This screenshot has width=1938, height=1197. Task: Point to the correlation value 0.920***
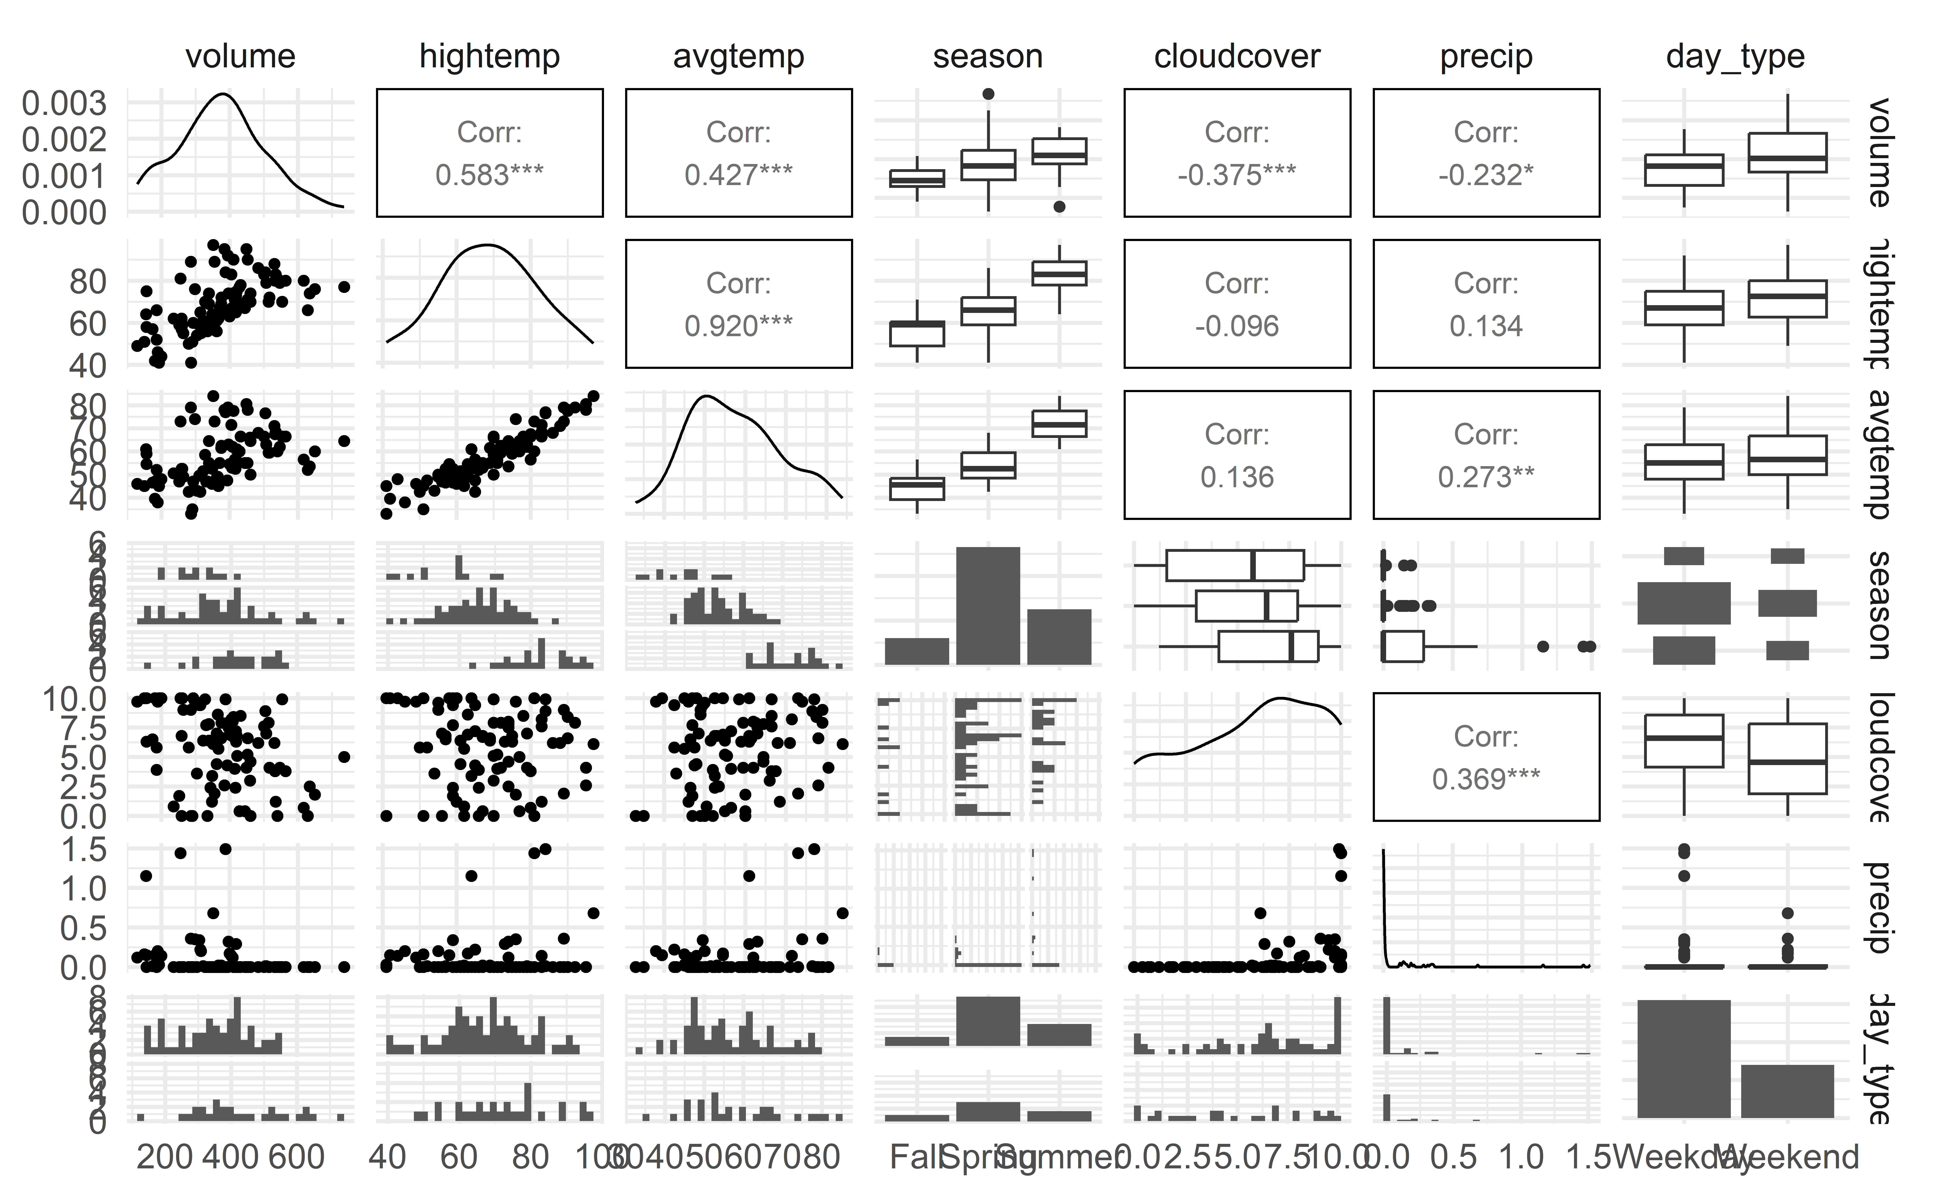(x=738, y=325)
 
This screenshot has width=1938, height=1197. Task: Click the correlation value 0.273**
(x=1486, y=476)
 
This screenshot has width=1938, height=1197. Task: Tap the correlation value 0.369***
(x=1486, y=779)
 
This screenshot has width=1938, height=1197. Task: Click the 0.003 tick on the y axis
(x=63, y=103)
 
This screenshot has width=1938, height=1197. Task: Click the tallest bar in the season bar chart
(x=988, y=606)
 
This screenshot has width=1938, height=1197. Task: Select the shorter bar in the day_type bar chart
(x=1787, y=1091)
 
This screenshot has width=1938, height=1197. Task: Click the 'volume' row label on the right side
(x=1879, y=152)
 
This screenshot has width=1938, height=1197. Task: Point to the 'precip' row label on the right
(x=1879, y=907)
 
